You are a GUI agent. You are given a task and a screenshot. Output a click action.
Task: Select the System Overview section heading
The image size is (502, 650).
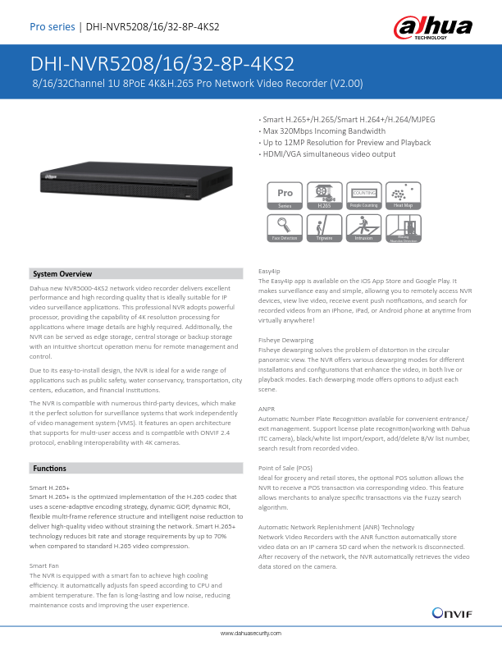tap(62, 273)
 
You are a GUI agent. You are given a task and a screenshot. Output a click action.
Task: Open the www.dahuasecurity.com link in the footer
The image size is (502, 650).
tap(251, 634)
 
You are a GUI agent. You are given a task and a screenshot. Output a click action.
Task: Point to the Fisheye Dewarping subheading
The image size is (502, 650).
tap(285, 339)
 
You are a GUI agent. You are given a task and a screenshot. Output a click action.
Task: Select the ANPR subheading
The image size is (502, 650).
tap(267, 408)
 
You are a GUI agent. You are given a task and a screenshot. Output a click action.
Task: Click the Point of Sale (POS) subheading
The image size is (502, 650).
tap(286, 468)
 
